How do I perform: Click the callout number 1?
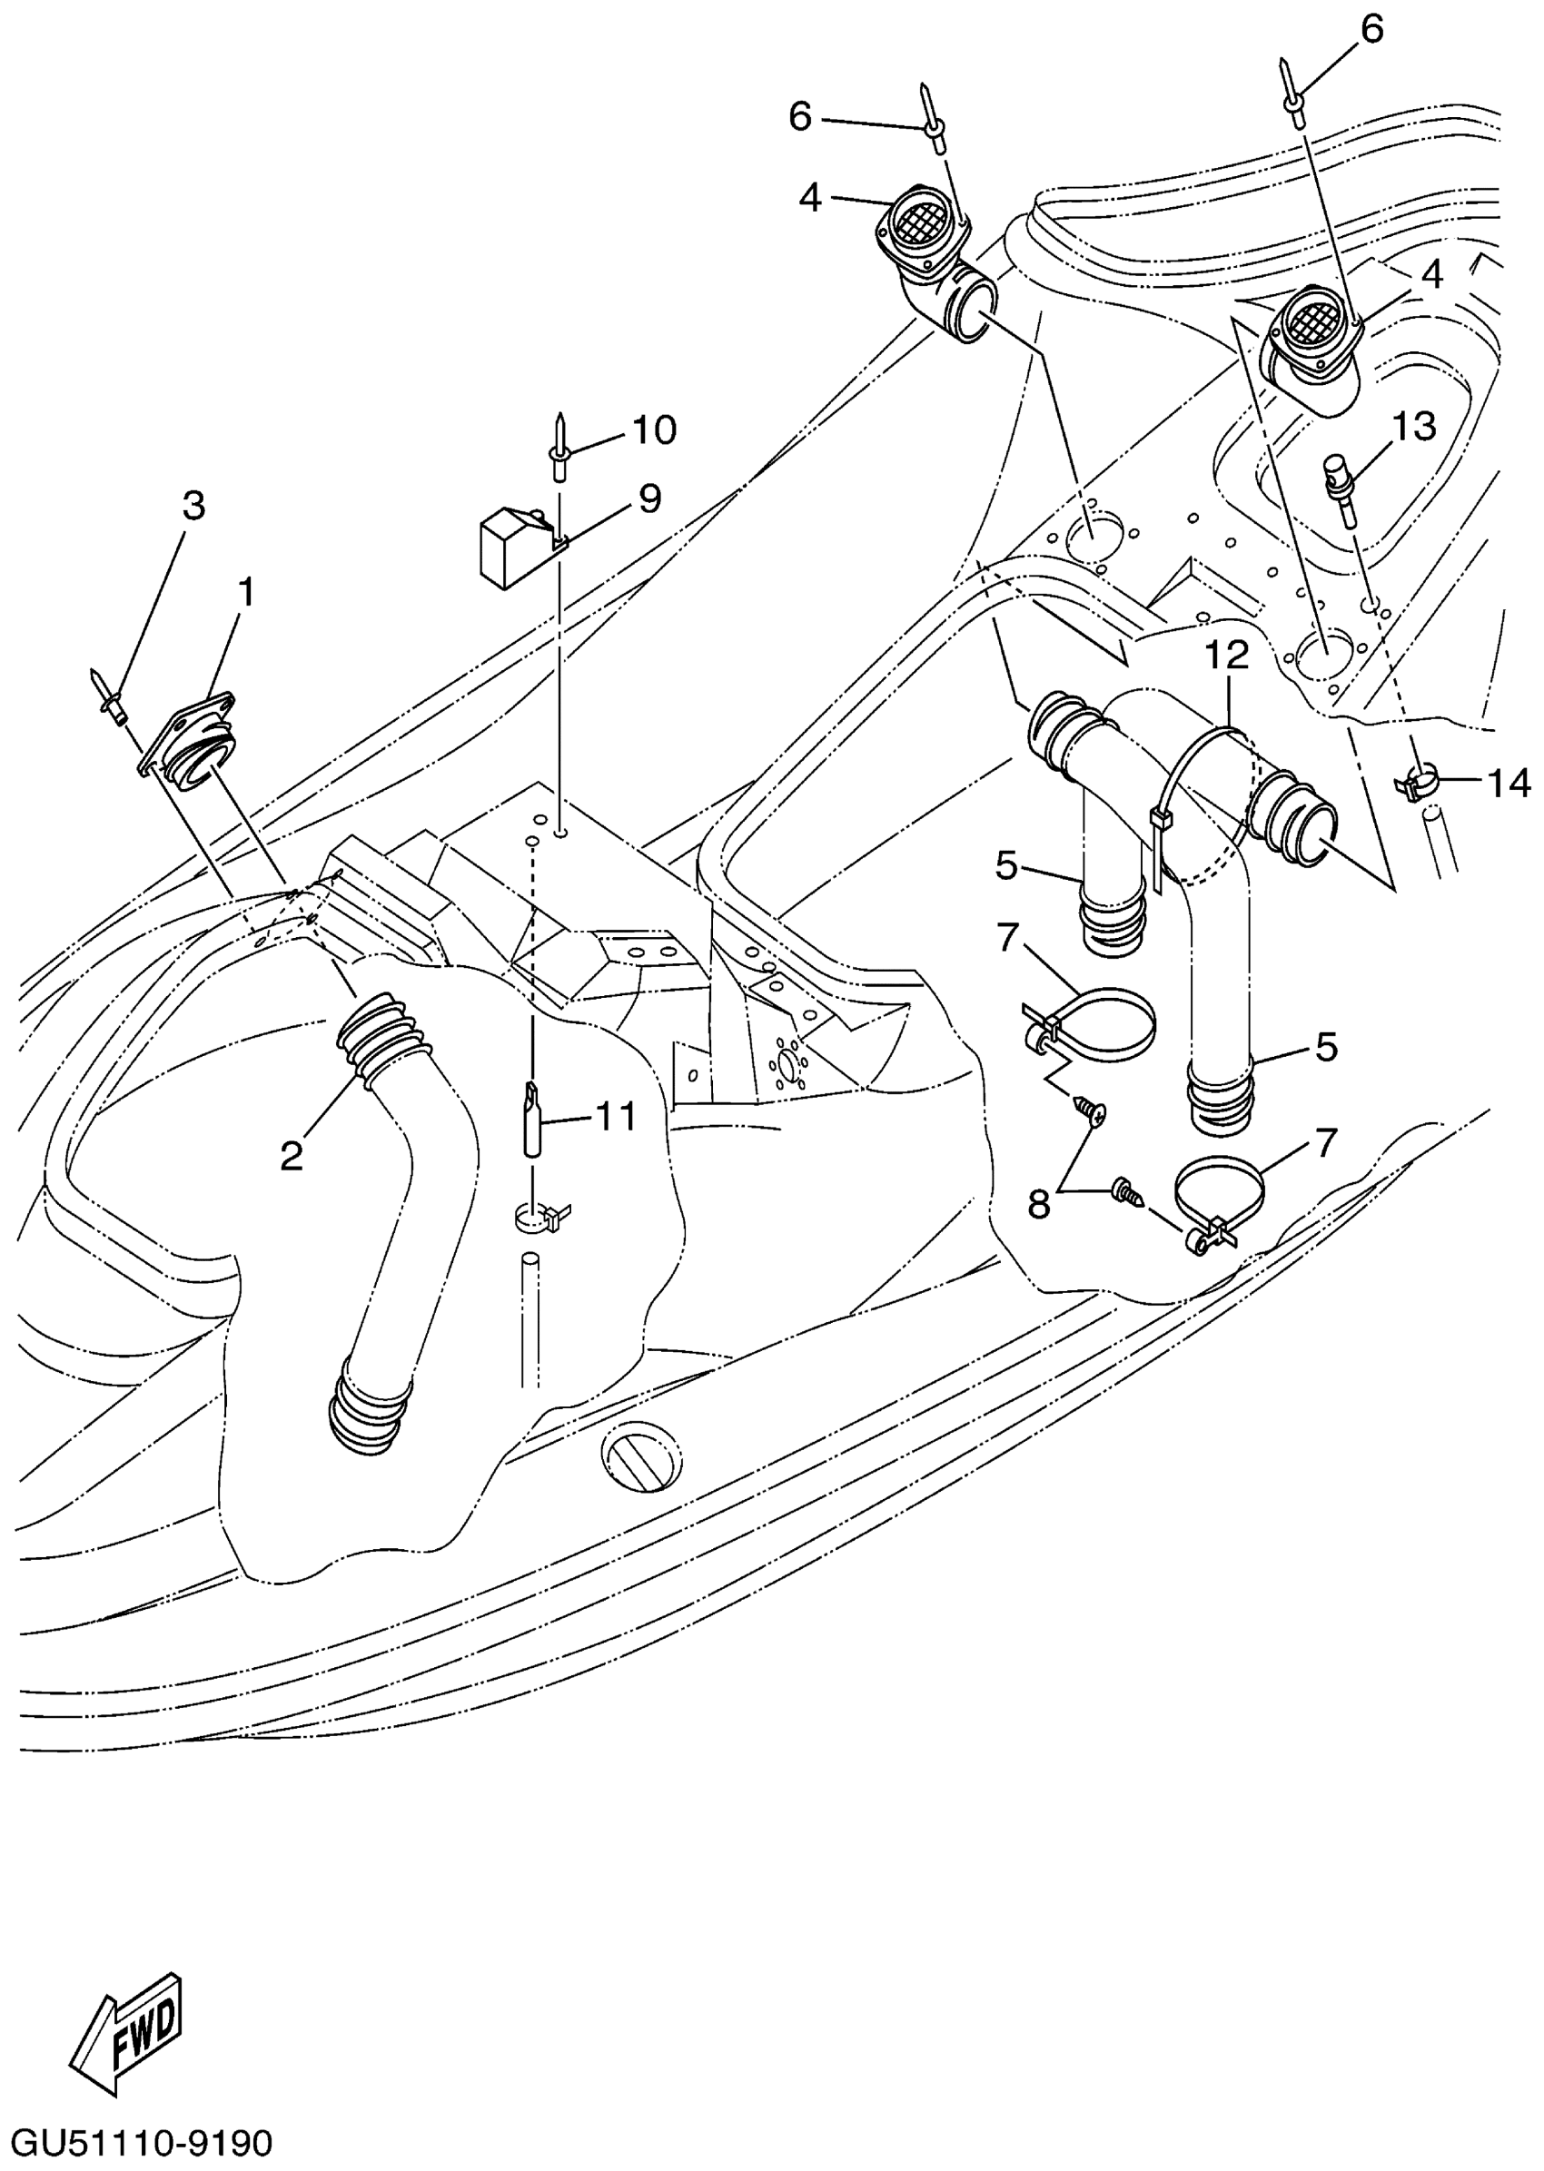point(246,593)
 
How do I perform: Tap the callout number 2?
point(291,1155)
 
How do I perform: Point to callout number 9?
point(649,498)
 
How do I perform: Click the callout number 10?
point(654,430)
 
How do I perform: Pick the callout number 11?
point(615,1117)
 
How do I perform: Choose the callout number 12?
point(1227,654)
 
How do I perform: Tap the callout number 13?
point(1414,427)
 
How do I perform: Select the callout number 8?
point(1038,1205)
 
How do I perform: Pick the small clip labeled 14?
point(1419,785)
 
